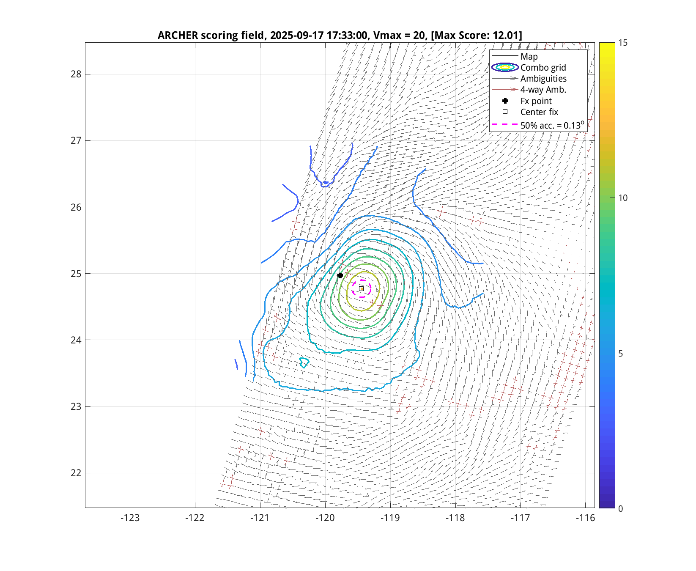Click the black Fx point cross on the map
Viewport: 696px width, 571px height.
pyautogui.click(x=340, y=275)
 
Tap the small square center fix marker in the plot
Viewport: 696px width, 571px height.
pyautogui.click(x=361, y=289)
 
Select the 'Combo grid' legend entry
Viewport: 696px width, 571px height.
pyautogui.click(x=543, y=68)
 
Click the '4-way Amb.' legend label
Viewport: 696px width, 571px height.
pyautogui.click(x=543, y=90)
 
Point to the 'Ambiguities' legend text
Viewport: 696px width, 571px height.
pyautogui.click(x=543, y=79)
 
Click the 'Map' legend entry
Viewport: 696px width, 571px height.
pyautogui.click(x=529, y=57)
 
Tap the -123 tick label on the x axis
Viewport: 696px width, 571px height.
pyautogui.click(x=130, y=518)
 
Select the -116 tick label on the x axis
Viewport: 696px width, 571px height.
pyautogui.click(x=585, y=518)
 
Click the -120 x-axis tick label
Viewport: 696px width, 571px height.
pyautogui.click(x=325, y=518)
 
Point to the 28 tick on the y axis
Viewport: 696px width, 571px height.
pyautogui.click(x=76, y=74)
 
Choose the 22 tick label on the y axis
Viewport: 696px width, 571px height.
pyautogui.click(x=76, y=473)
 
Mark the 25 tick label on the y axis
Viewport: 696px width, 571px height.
pyautogui.click(x=76, y=274)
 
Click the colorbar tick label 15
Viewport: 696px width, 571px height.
pyautogui.click(x=623, y=43)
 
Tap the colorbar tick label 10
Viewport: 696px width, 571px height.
pyautogui.click(x=623, y=198)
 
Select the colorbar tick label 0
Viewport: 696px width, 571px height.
pyautogui.click(x=620, y=508)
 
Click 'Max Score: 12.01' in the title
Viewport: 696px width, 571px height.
pyautogui.click(x=477, y=35)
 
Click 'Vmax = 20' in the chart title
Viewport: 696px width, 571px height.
pyautogui.click(x=398, y=35)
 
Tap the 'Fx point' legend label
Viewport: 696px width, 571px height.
pyautogui.click(x=536, y=101)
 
